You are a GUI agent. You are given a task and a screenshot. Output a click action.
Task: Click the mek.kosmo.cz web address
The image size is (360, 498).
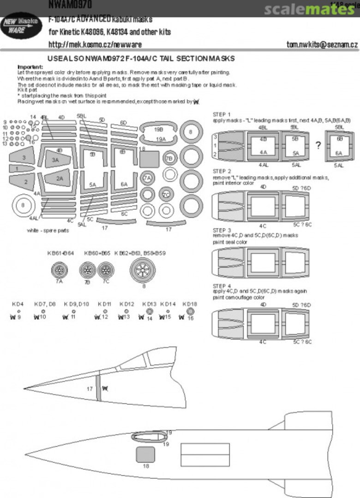coord(95,45)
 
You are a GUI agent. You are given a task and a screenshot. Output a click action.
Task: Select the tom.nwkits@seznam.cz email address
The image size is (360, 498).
coord(322,45)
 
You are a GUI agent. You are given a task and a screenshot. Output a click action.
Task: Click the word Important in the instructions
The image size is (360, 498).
coord(30,67)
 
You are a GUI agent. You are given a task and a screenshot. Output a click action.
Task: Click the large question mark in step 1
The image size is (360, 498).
coord(318,145)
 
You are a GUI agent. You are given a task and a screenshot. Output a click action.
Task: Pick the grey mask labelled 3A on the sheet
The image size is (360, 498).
coord(55,160)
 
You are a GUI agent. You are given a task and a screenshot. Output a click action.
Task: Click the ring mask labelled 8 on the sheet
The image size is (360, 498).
coord(191,132)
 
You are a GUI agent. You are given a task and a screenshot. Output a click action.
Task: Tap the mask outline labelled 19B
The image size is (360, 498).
coord(158,130)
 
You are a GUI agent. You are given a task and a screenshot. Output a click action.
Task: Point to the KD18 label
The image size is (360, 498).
coord(190,304)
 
